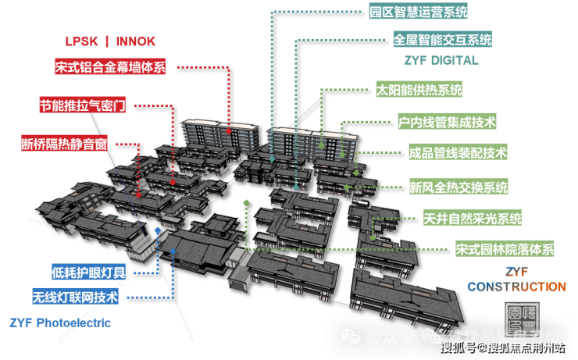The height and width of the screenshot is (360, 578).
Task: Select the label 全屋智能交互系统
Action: point(442,38)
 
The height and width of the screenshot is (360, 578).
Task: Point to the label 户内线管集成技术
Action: point(446,122)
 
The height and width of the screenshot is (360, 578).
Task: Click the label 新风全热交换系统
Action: point(458,187)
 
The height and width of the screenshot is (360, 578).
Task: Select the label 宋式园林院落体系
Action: point(504,250)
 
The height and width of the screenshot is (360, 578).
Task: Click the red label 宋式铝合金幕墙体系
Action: point(110,66)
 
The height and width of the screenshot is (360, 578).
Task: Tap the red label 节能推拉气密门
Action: point(82,105)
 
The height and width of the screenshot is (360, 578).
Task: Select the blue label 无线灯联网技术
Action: point(74,298)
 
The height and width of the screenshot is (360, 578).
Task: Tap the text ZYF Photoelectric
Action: point(60,323)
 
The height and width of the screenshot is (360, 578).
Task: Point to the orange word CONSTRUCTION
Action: point(516,287)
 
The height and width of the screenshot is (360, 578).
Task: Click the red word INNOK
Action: point(138,41)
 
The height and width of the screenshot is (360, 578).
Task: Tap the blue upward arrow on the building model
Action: point(159,230)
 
